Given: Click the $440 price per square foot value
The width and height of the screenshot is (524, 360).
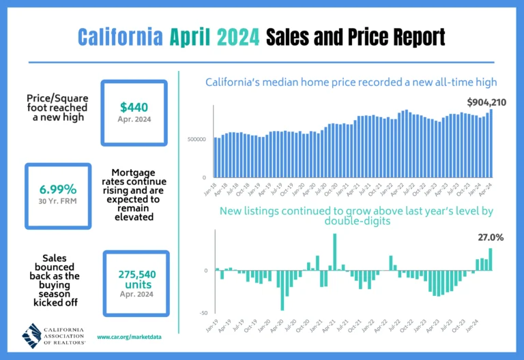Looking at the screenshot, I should coord(133,106).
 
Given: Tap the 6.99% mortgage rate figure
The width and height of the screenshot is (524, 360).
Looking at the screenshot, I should coord(57,189).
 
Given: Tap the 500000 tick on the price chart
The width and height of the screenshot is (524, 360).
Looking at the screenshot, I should coord(196,139).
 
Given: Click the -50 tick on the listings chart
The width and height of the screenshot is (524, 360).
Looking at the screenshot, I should coord(203,312).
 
